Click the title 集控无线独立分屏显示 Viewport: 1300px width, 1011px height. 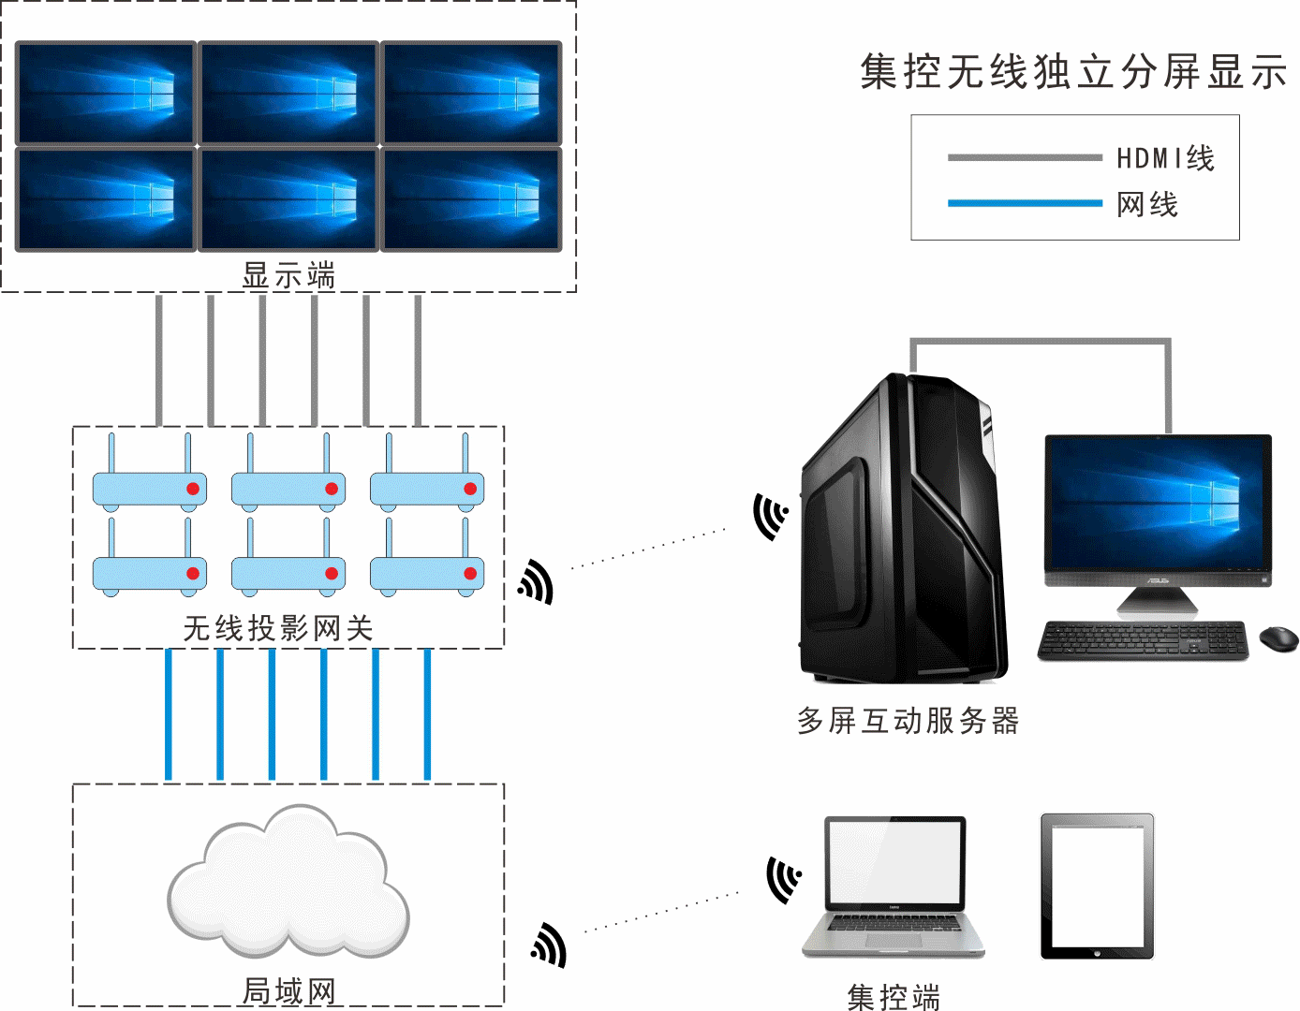point(1073,72)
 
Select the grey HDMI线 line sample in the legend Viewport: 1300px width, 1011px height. point(1024,157)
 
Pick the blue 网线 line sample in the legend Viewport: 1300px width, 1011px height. point(1024,203)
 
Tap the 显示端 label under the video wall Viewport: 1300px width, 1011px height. point(288,275)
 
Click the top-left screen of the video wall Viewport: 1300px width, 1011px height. point(105,92)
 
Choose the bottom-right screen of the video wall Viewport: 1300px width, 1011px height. point(471,198)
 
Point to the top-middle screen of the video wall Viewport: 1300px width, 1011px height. point(288,92)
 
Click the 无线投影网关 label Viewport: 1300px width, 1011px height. point(278,628)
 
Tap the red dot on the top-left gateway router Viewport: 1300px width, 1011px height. point(193,489)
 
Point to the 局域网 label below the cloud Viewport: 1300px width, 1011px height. point(288,990)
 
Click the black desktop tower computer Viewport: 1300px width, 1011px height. point(904,529)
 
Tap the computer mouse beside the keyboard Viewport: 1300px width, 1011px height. point(1278,639)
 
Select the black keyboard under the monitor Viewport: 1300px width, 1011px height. point(1143,640)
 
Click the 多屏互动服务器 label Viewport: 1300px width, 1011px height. point(908,721)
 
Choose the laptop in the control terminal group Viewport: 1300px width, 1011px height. point(894,885)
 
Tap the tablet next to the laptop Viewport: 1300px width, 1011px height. point(1097,886)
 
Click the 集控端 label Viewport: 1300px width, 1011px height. point(894,996)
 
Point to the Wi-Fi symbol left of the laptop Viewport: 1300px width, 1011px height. point(783,879)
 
